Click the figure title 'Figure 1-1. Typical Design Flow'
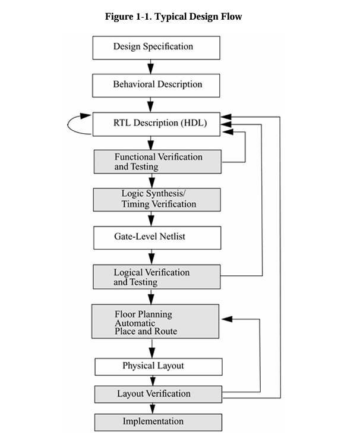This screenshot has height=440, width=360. [x=173, y=17]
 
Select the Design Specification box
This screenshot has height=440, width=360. [x=156, y=48]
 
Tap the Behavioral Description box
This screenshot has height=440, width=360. [x=156, y=85]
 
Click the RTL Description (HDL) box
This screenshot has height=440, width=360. [x=156, y=123]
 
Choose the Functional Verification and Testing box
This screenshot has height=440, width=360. [x=157, y=162]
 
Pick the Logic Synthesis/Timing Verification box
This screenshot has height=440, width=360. [x=157, y=199]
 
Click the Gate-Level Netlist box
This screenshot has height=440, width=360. [x=157, y=237]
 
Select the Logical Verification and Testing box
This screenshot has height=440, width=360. [x=157, y=277]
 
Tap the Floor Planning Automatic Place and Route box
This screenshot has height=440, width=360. [x=154, y=322]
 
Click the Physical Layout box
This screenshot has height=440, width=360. [x=159, y=366]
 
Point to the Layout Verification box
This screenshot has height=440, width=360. [x=159, y=394]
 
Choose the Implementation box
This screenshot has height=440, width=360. [x=159, y=422]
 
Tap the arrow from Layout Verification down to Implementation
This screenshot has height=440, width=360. [x=153, y=408]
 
